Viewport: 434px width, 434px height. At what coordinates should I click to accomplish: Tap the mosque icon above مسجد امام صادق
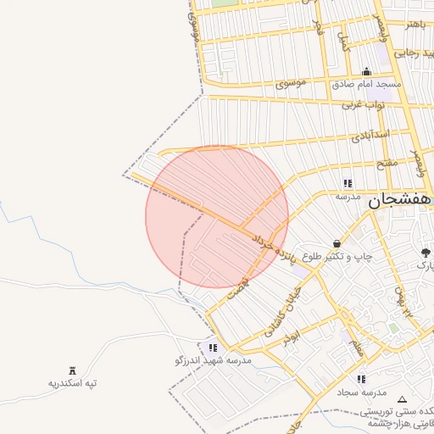pos(366,72)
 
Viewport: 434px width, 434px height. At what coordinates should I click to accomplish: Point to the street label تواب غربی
pos(364,105)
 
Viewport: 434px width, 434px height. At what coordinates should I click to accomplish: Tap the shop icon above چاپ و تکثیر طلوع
pos(337,243)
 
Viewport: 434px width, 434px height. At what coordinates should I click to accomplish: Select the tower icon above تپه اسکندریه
pos(72,370)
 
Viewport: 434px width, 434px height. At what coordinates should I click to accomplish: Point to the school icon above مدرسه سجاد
pos(362,379)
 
